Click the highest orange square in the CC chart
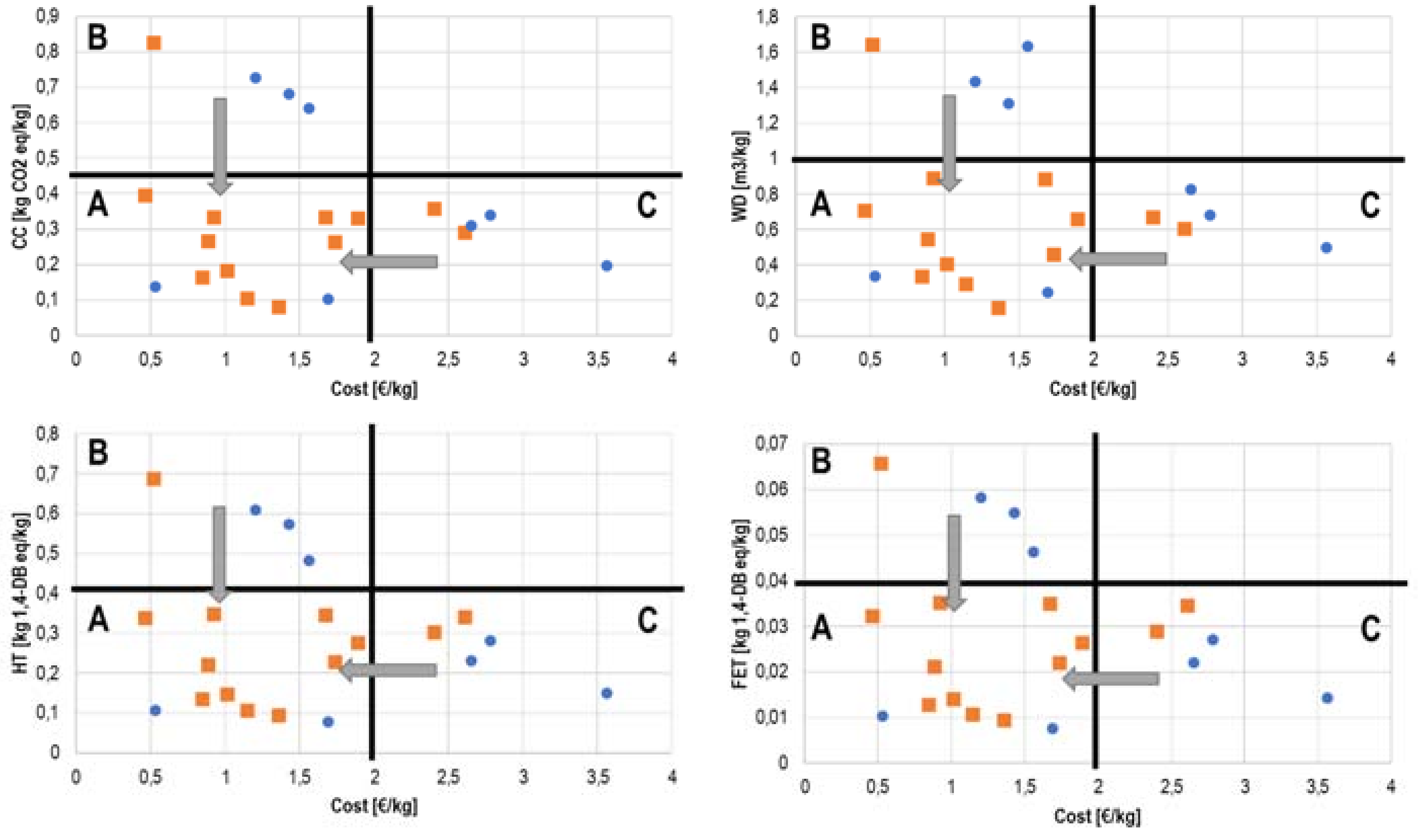(x=154, y=43)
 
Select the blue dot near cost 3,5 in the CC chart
(x=607, y=266)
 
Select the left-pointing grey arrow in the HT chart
(x=388, y=670)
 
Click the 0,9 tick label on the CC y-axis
(x=48, y=16)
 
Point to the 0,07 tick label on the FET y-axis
(x=771, y=443)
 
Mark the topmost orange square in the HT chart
(x=154, y=479)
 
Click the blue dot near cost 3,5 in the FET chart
(x=1327, y=698)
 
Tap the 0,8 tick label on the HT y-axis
(x=48, y=434)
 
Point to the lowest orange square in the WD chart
(x=998, y=308)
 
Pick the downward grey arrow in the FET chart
(x=954, y=563)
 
